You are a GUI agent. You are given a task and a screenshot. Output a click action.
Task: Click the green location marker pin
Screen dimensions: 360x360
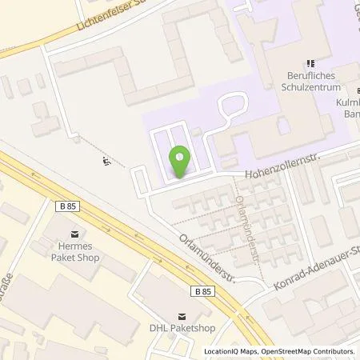tap(180, 162)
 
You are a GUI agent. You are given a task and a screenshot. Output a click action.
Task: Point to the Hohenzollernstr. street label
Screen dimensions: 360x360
tap(278, 161)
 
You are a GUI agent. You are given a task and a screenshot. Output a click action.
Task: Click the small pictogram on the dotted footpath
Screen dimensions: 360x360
tap(106, 162)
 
